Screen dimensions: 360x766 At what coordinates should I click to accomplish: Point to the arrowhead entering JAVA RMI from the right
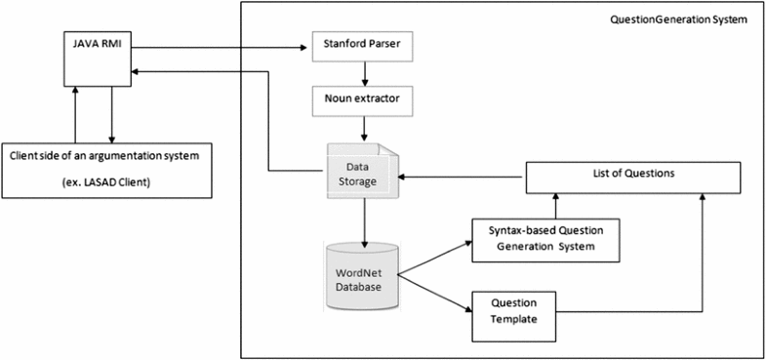(140, 70)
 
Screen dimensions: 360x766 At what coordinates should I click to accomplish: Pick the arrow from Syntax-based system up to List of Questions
(556, 204)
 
